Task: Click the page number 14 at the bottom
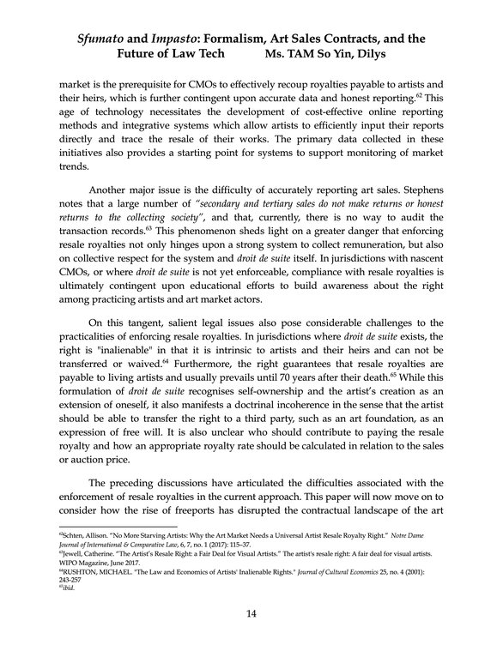click(251, 612)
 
